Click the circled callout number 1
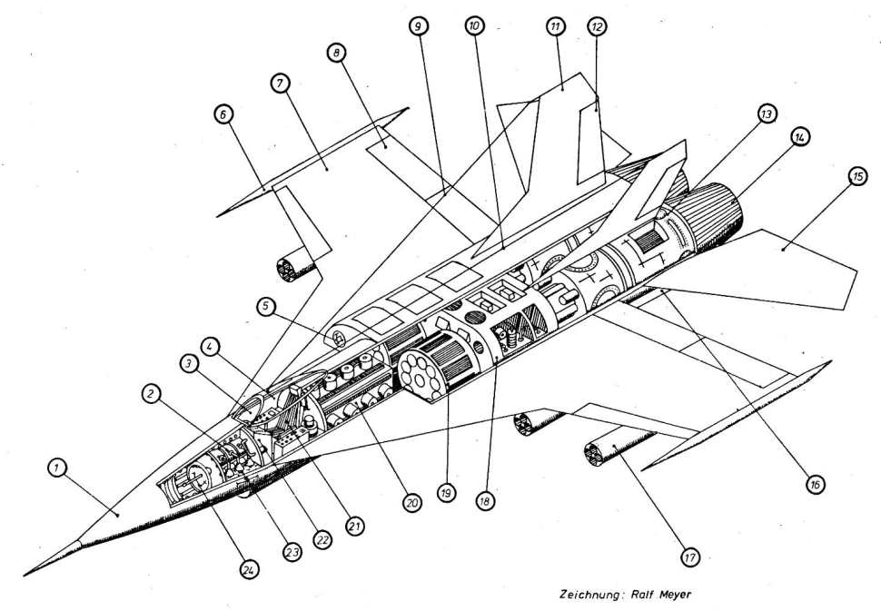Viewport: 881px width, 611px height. (56, 468)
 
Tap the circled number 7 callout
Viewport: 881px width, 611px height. (280, 84)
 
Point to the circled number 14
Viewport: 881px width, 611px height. (799, 136)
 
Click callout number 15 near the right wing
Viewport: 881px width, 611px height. (856, 178)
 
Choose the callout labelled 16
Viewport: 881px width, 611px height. (815, 485)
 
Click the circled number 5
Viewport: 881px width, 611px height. (265, 307)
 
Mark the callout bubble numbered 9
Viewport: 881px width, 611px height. (418, 27)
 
